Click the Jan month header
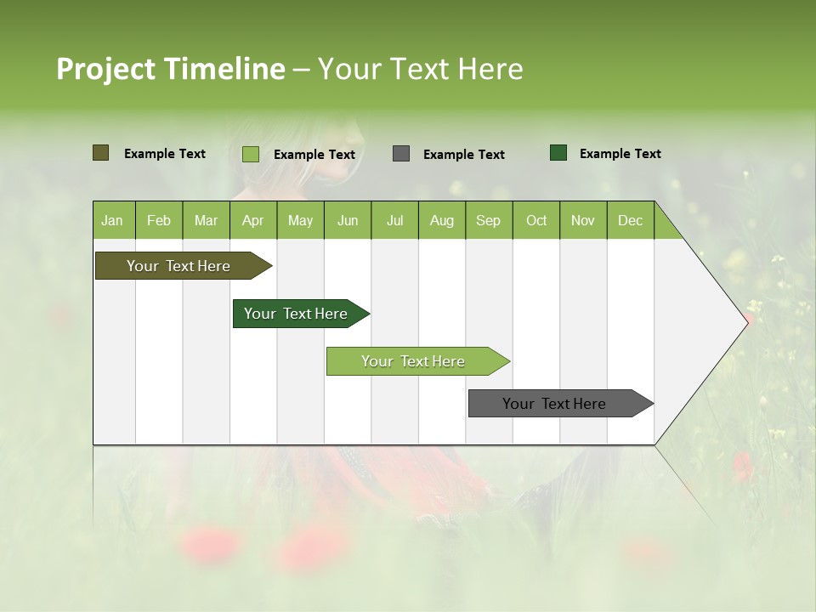point(113,220)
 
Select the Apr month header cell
point(253,220)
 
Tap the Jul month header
point(394,220)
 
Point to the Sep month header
point(489,220)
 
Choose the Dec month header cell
point(630,220)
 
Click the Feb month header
point(159,220)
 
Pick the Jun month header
point(348,220)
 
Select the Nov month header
point(583,220)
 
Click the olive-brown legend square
point(101,153)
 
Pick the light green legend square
point(251,154)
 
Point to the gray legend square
point(401,154)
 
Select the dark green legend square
point(558,153)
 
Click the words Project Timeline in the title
point(171,69)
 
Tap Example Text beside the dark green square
point(620,154)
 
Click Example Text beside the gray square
point(463,155)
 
